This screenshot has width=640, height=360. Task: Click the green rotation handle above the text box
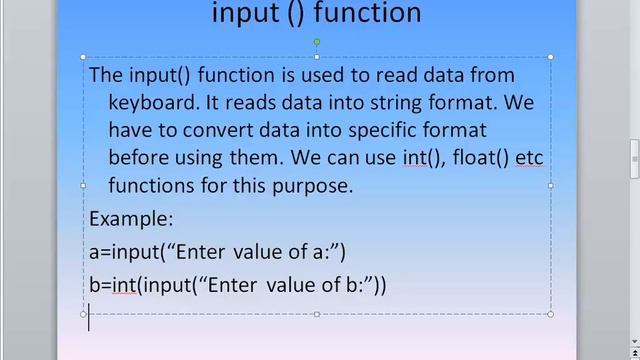tap(317, 42)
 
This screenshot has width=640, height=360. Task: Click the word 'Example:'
tap(131, 218)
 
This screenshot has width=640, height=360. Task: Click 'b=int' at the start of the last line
tap(112, 285)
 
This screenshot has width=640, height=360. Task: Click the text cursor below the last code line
tap(90, 318)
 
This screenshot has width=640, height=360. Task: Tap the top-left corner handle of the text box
tap(83, 57)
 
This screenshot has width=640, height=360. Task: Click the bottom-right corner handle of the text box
tap(551, 314)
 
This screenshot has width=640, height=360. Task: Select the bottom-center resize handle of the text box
tap(317, 314)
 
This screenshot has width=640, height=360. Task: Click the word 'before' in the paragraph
tap(139, 158)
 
